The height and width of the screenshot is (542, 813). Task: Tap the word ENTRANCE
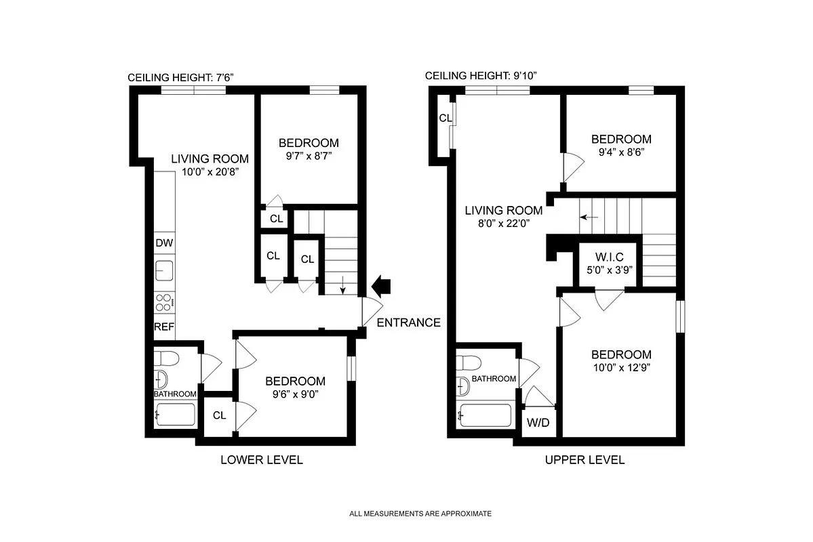(408, 322)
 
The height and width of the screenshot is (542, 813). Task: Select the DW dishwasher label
(163, 243)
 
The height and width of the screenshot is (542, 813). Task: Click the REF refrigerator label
(164, 327)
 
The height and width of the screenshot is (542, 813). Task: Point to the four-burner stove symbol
(164, 301)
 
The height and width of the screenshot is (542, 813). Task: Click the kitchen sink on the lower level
(164, 270)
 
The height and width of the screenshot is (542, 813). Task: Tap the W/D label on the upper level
(538, 423)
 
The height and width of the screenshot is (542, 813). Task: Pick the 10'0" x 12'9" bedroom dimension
(621, 369)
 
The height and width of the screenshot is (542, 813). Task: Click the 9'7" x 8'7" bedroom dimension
(309, 157)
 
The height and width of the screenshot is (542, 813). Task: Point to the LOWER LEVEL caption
(261, 460)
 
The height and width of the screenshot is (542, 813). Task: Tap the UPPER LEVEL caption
(584, 460)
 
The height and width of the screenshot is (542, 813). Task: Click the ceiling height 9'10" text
(481, 76)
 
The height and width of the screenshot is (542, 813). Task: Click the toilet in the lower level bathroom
(165, 357)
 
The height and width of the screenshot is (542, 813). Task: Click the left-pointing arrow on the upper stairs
(589, 217)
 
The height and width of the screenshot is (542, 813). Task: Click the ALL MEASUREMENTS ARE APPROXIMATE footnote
(420, 514)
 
